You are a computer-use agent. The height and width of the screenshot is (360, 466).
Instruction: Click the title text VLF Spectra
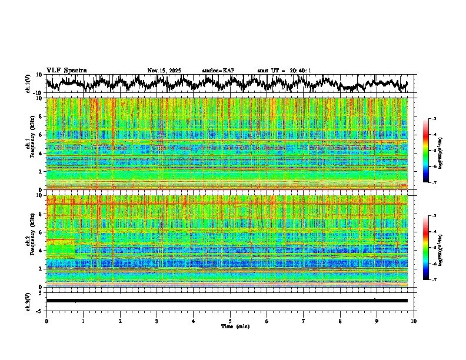tap(66, 71)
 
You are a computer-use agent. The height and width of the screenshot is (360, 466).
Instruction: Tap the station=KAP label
tap(218, 71)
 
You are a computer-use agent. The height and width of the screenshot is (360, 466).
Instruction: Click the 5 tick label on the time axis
tap(230, 321)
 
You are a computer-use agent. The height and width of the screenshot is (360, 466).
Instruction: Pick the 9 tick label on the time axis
tap(377, 321)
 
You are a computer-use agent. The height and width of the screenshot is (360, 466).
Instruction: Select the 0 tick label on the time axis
tap(46, 321)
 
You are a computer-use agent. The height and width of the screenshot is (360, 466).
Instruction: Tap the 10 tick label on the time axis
tap(414, 321)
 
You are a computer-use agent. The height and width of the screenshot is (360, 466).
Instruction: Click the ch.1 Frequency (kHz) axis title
tap(31, 144)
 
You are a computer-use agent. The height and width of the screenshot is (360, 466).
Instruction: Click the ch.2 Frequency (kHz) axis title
tap(31, 241)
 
